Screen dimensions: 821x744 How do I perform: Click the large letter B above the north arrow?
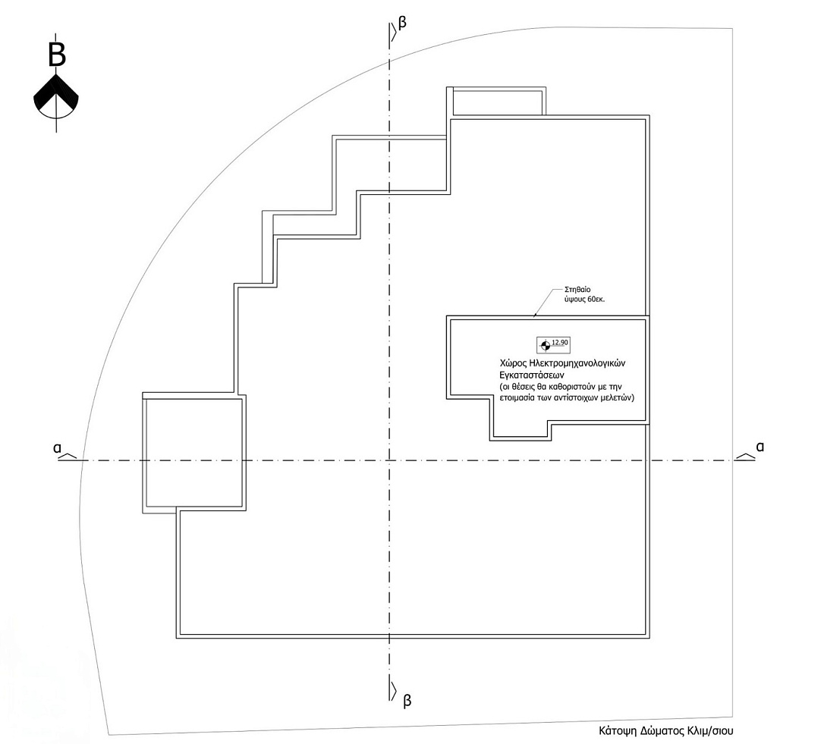pyautogui.click(x=57, y=54)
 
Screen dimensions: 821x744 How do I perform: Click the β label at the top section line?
pyautogui.click(x=402, y=24)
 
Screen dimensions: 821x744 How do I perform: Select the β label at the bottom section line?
pyautogui.click(x=407, y=701)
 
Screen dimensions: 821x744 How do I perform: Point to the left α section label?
pyautogui.click(x=57, y=448)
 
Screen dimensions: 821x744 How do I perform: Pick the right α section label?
pyautogui.click(x=760, y=446)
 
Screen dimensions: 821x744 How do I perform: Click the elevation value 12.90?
pyautogui.click(x=560, y=343)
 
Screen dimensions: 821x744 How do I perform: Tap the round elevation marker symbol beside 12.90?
pyautogui.click(x=545, y=345)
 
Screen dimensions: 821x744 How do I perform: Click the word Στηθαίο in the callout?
pyautogui.click(x=577, y=290)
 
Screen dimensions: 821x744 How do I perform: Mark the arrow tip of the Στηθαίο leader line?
pyautogui.click(x=533, y=315)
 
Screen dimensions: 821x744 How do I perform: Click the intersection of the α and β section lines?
pyautogui.click(x=389, y=460)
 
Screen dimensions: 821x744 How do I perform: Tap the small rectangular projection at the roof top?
pyautogui.click(x=497, y=102)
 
